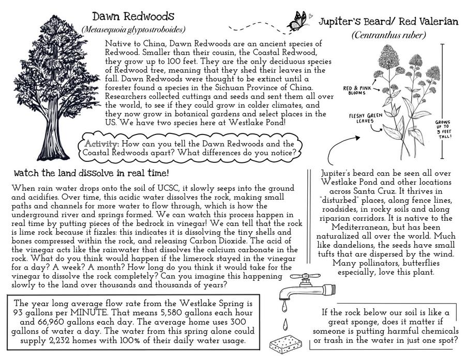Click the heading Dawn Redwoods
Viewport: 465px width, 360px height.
click(x=133, y=17)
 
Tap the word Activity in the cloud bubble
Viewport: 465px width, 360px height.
click(x=102, y=143)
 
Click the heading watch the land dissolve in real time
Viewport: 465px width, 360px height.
click(x=91, y=172)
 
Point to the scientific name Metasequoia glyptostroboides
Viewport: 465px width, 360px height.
click(x=133, y=30)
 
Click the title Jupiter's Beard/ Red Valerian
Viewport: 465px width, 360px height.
click(x=388, y=21)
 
